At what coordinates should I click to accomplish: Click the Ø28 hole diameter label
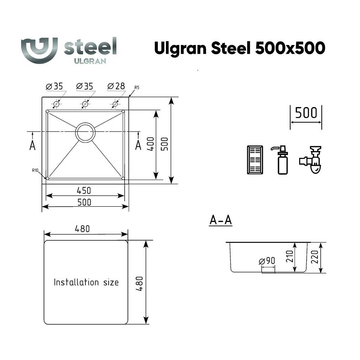[x=116, y=86]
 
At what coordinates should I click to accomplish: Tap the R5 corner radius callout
[x=137, y=88]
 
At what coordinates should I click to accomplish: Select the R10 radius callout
[x=35, y=171]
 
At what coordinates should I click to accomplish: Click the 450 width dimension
[x=84, y=191]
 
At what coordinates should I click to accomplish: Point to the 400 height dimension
[x=150, y=144]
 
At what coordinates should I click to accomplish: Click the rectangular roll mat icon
[x=255, y=160]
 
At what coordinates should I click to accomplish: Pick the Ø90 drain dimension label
[x=267, y=261]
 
